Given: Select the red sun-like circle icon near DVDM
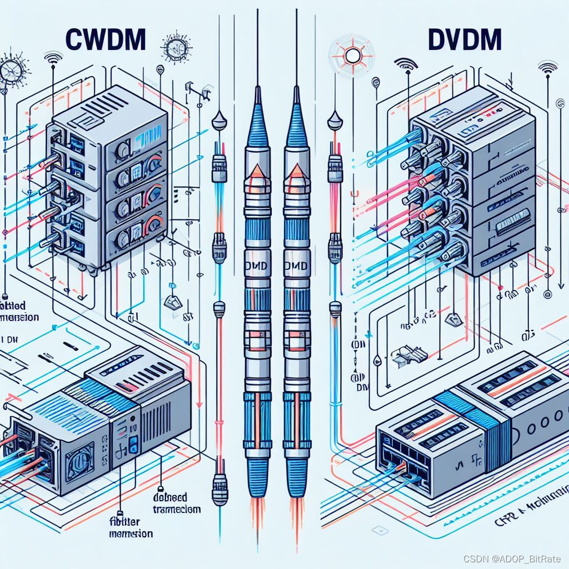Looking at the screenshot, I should [351, 55].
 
